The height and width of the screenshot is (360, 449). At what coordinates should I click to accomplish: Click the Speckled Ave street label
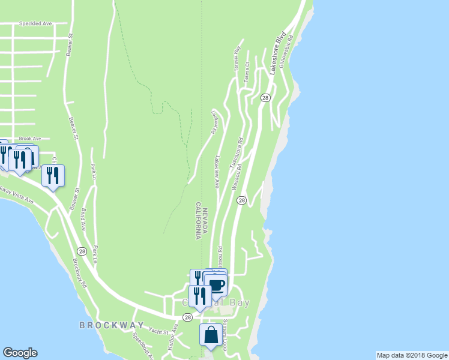tap(35, 23)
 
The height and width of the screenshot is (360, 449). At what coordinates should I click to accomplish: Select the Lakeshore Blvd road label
tap(277, 53)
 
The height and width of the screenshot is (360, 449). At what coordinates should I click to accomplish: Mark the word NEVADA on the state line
tap(205, 223)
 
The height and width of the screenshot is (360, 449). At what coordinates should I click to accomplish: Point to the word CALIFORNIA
tap(197, 221)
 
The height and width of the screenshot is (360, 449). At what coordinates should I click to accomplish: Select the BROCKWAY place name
tap(103, 325)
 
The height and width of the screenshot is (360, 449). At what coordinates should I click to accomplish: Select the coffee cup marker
tap(215, 284)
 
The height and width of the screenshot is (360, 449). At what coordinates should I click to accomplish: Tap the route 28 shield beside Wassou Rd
tap(241, 200)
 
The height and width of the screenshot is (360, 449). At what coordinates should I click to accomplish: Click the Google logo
tap(20, 353)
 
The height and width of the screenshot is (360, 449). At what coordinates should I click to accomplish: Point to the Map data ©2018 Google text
tap(412, 355)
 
